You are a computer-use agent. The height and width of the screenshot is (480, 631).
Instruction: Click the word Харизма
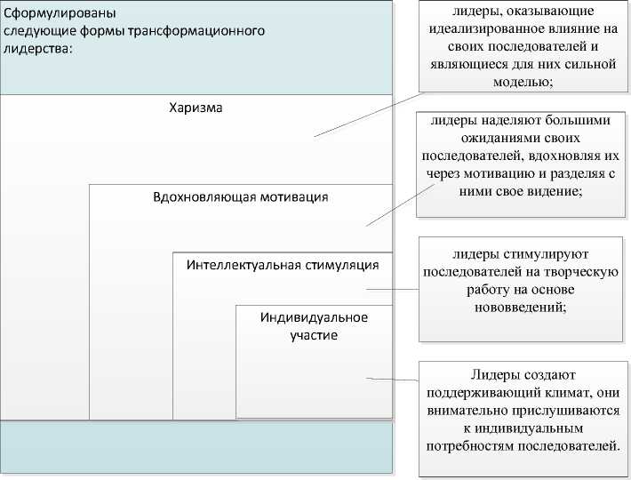tap(196, 108)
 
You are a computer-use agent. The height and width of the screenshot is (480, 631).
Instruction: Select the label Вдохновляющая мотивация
tap(240, 196)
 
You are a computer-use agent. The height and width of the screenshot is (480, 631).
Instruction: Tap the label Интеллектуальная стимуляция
tap(283, 265)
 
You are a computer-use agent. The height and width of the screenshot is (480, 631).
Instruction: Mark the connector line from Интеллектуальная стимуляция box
tap(391, 290)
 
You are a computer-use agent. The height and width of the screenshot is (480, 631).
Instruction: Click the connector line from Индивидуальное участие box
tap(391, 380)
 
